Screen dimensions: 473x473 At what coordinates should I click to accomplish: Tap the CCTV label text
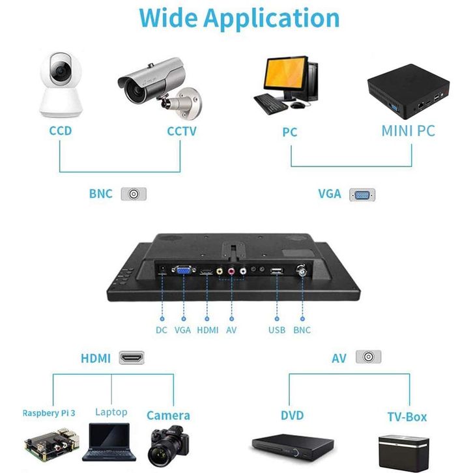coord(182,131)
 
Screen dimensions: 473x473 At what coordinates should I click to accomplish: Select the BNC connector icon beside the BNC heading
coord(134,194)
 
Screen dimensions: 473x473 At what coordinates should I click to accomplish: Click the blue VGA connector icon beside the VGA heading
coord(362,194)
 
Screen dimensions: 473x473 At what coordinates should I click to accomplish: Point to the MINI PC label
coord(408,131)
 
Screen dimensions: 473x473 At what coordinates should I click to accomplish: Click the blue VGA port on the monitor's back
coord(182,271)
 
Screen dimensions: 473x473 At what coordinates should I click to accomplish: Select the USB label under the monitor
coord(277,330)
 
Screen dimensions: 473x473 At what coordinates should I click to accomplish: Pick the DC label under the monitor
coord(162,330)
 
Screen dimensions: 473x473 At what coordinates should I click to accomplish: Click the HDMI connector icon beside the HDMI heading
coord(132,358)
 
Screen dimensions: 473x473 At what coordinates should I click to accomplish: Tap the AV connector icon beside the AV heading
coord(368,357)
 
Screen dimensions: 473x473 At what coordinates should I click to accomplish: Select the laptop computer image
coord(109,442)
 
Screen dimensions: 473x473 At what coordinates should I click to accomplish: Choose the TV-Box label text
coord(407,416)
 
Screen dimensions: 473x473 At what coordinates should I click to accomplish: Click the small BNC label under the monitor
coord(302,330)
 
